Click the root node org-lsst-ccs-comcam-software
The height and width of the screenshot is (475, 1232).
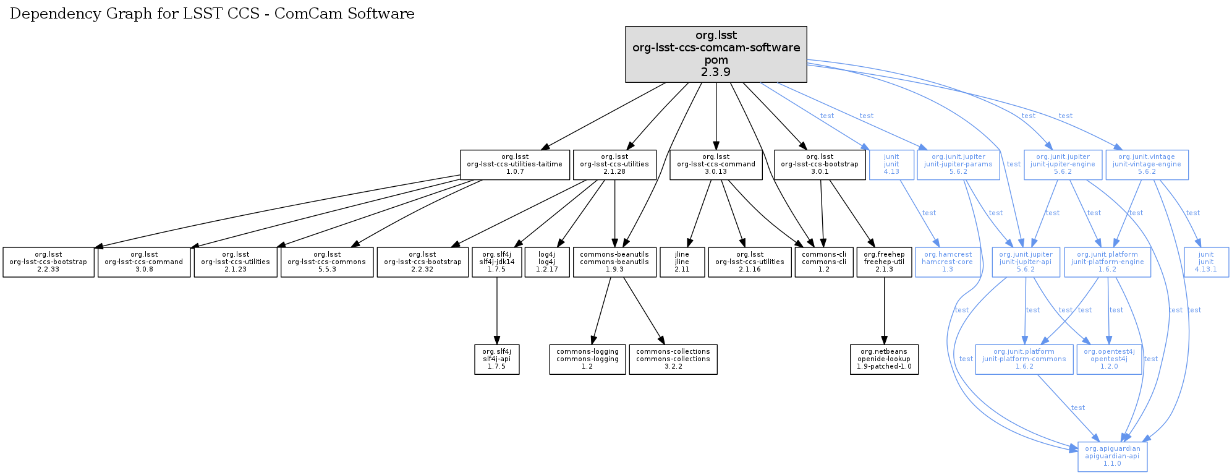pos(716,54)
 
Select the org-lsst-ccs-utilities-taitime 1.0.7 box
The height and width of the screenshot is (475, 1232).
pos(514,165)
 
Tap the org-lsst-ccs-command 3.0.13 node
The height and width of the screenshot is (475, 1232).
pos(716,165)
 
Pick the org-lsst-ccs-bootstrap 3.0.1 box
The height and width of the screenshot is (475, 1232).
pos(820,165)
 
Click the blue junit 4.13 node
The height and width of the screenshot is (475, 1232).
pos(891,165)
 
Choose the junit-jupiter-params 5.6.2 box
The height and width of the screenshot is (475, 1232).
pos(958,165)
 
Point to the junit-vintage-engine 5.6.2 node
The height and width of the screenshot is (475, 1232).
pos(1147,165)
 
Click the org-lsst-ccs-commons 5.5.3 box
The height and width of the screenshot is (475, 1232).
pos(326,262)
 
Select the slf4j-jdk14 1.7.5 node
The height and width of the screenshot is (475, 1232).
pos(497,262)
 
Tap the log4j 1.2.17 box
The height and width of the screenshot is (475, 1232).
pos(546,262)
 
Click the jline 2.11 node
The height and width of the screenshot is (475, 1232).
pos(682,262)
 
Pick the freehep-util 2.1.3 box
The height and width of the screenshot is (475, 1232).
pos(884,262)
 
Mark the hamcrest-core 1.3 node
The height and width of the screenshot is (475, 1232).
pos(947,262)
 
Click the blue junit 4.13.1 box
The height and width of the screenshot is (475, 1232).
pos(1206,262)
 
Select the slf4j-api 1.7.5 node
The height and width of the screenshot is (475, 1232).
pos(497,359)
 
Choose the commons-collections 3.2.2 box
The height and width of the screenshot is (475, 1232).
pos(673,359)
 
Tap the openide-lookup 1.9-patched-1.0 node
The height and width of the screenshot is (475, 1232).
pos(884,359)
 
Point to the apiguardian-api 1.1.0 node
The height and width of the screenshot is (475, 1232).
pos(1112,456)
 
